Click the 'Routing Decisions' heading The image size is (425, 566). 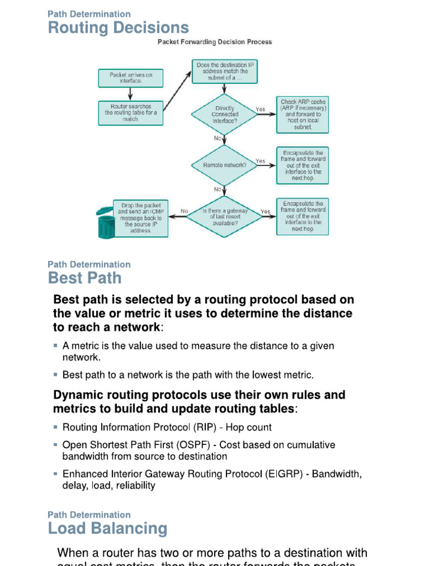pyautogui.click(x=118, y=28)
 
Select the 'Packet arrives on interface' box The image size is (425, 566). pyautogui.click(x=131, y=77)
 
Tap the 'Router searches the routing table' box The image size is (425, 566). pyautogui.click(x=131, y=112)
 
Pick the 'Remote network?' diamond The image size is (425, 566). pyautogui.click(x=225, y=165)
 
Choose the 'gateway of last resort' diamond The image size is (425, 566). pyautogui.click(x=225, y=216)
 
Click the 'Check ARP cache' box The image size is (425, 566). pyautogui.click(x=303, y=114)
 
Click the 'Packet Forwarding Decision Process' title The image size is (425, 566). pyautogui.click(x=215, y=41)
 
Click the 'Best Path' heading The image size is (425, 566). pyautogui.click(x=85, y=277)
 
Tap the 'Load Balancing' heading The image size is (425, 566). pyautogui.click(x=107, y=528)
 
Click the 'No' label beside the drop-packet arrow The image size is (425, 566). pyautogui.click(x=184, y=211)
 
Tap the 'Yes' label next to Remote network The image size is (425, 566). pyautogui.click(x=260, y=161)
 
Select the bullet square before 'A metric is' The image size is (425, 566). pyautogui.click(x=56, y=345)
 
